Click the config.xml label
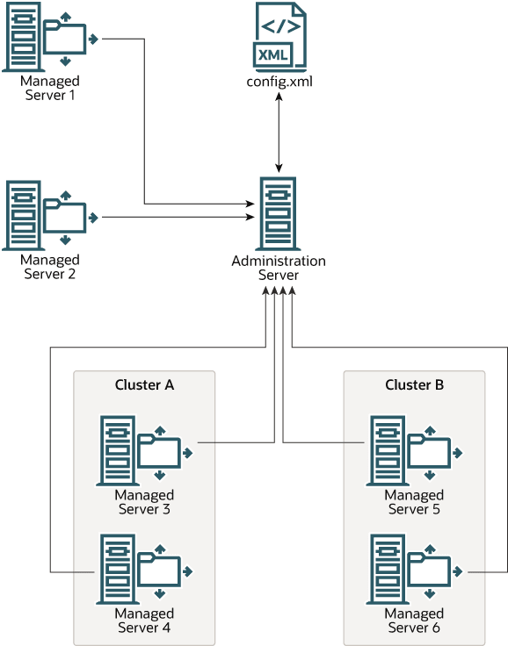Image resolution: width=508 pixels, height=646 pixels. coord(279,81)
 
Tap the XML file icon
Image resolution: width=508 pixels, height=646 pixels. coord(279,34)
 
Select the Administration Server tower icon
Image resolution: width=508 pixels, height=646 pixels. coord(278,213)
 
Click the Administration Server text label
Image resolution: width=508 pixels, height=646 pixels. coord(279,268)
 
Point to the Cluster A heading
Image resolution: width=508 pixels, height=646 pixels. coord(144,384)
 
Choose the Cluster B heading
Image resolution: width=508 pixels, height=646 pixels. coord(414,384)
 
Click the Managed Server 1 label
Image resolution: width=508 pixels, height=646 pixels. coord(50,88)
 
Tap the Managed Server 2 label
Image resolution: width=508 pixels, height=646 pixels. coord(50,267)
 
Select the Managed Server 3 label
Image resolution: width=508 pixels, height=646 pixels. coord(144,502)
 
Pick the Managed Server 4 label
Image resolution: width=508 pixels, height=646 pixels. coord(144,621)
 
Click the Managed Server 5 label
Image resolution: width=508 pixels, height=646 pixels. coord(414,502)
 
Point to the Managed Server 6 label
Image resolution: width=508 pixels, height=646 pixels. coord(414,621)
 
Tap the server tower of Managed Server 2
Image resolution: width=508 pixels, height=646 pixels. coord(23,215)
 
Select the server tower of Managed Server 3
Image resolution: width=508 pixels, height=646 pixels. coord(118,451)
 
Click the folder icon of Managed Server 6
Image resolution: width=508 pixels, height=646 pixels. coord(435,571)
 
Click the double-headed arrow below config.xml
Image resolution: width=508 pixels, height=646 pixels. coord(279,133)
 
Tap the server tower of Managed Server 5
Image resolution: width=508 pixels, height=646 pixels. coord(388,451)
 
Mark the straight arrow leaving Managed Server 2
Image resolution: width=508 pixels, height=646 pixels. coord(178,217)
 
